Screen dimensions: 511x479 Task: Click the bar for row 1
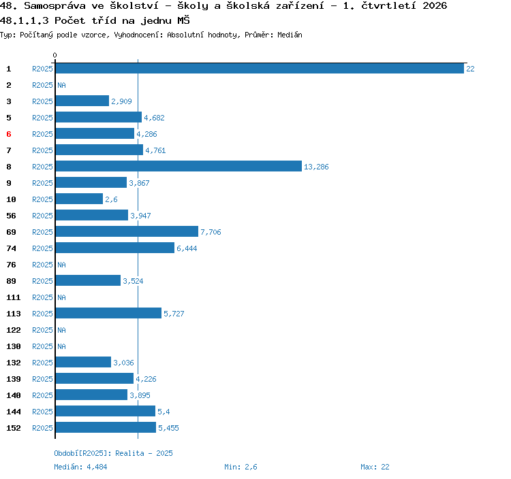[260, 68]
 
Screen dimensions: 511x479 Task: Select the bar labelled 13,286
[179, 166]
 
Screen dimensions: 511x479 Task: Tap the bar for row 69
[127, 232]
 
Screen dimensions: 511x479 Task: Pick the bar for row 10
[79, 199]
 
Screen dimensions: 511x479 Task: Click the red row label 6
[9, 134]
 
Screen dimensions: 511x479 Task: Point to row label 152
[14, 428]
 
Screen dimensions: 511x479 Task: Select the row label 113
[14, 314]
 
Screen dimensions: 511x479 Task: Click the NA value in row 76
[61, 265]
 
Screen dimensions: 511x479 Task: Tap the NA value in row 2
[61, 85]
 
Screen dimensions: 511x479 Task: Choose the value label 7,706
[211, 232]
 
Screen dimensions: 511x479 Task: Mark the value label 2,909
[121, 101]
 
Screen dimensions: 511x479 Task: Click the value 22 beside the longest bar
[470, 69]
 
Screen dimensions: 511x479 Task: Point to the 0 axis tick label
[55, 55]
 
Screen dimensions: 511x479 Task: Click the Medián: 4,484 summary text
[80, 467]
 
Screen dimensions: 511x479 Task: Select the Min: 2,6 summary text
[241, 467]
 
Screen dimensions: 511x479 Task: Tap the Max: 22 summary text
[375, 467]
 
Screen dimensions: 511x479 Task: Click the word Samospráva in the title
[55, 6]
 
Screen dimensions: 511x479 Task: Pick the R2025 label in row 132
[42, 363]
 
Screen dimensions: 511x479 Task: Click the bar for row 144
[105, 411]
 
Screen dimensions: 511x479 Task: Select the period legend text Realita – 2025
[144, 453]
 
